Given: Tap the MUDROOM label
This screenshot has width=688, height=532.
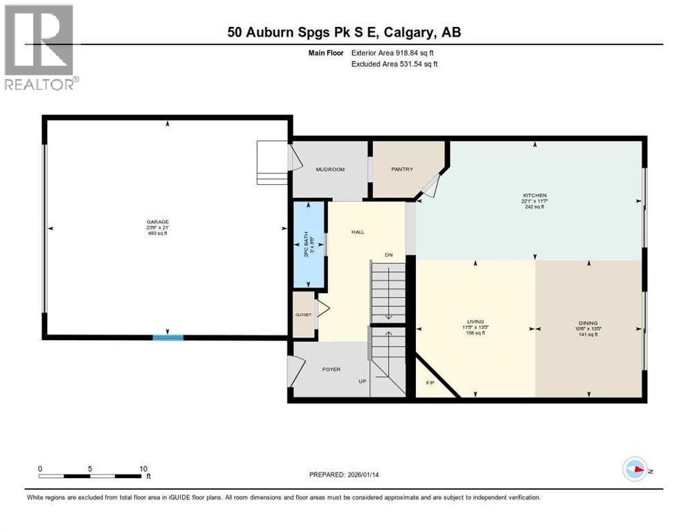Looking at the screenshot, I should point(330,169).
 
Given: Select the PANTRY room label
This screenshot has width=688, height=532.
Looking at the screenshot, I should point(402,169).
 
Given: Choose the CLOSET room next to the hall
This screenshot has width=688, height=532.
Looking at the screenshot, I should point(304,314).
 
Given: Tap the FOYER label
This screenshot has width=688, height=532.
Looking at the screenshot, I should point(331,369).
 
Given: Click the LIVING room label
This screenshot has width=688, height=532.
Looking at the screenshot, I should point(475,321).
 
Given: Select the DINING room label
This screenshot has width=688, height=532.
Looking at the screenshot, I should point(588,323).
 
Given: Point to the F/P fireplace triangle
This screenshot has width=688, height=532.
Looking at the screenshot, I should point(429,382).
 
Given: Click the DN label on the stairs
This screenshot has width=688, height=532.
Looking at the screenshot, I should point(389,255).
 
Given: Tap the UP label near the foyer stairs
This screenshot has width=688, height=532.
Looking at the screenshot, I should point(361,382).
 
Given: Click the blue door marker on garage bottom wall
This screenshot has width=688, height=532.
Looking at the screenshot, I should point(168,337).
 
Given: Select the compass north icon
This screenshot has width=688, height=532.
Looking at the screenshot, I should point(635,470).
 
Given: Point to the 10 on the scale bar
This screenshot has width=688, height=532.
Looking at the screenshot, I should point(143,469).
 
